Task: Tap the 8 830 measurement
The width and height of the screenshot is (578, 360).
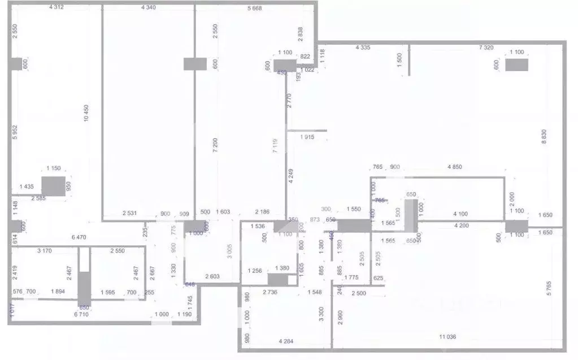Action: [544, 137]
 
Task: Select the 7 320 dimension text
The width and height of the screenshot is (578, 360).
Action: [486, 48]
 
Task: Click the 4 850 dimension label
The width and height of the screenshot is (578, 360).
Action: [455, 167]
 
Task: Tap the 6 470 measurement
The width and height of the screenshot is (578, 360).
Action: [79, 237]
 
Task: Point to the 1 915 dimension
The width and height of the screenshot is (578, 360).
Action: [307, 137]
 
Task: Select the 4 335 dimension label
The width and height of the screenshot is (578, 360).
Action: [362, 48]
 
